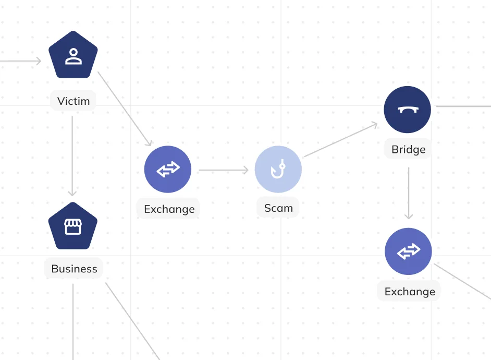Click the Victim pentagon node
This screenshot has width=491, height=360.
pyautogui.click(x=73, y=55)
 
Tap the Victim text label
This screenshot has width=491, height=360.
pyautogui.click(x=73, y=101)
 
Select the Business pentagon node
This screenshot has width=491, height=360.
pyautogui.click(x=73, y=226)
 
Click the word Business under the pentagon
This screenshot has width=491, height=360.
pyautogui.click(x=74, y=269)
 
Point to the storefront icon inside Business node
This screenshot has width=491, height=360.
pyautogui.click(x=73, y=226)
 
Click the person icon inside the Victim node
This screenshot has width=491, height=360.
pyautogui.click(x=73, y=56)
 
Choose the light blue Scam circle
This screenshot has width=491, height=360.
pyautogui.click(x=278, y=169)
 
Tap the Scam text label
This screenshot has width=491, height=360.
pyautogui.click(x=278, y=208)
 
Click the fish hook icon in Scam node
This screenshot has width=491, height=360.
pyautogui.click(x=278, y=169)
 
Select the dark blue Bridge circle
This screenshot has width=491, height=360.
pyautogui.click(x=408, y=110)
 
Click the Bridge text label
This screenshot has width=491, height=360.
pyautogui.click(x=408, y=149)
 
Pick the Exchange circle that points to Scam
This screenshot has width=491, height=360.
pyautogui.click(x=168, y=169)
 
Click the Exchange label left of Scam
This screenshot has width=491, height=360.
pyautogui.click(x=169, y=209)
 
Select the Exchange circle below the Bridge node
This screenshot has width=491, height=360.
pyautogui.click(x=408, y=251)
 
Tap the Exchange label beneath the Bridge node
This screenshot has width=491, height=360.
pyautogui.click(x=410, y=291)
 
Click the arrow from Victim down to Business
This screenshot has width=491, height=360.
pyautogui.click(x=72, y=155)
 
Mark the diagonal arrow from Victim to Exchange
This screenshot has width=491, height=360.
pyautogui.click(x=125, y=109)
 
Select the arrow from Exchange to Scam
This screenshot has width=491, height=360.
pyautogui.click(x=224, y=170)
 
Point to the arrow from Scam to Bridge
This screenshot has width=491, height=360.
pyautogui.click(x=341, y=140)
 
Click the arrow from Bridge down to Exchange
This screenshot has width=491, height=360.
pyautogui.click(x=409, y=193)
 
